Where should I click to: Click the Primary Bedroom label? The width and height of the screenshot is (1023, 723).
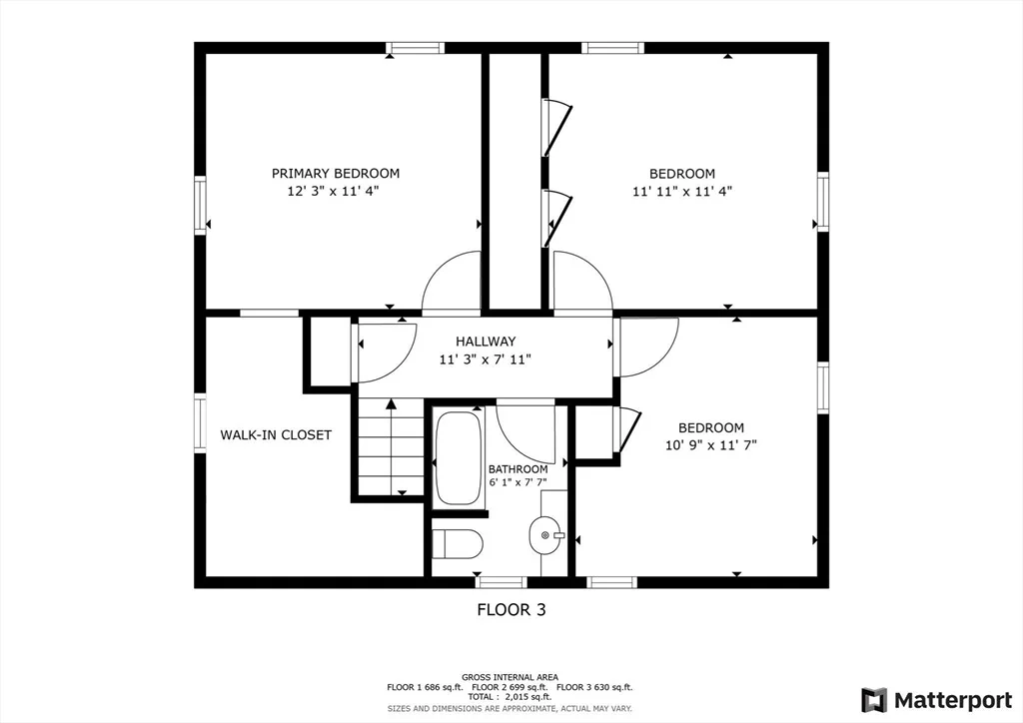tap(336, 174)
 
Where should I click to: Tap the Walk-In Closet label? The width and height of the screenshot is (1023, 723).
tap(276, 434)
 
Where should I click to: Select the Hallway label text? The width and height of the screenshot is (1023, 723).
tap(486, 341)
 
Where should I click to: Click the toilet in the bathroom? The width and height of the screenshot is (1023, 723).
tap(457, 543)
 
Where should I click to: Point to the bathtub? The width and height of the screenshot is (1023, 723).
tap(459, 458)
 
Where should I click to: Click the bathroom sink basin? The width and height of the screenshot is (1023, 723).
tap(544, 536)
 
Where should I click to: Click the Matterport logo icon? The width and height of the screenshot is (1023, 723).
tap(874, 700)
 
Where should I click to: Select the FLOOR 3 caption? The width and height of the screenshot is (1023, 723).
tap(511, 609)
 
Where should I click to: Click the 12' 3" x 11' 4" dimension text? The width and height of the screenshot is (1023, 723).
tap(333, 191)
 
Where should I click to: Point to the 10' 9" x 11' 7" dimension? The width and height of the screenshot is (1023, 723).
tap(711, 445)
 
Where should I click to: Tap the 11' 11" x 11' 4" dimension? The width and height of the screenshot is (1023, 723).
tap(681, 191)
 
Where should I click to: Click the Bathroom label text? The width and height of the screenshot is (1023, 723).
tap(518, 469)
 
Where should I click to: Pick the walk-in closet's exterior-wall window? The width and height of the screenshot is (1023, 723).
tap(200, 423)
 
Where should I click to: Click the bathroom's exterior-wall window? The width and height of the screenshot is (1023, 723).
tap(502, 582)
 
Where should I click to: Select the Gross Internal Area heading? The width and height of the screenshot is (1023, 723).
tap(510, 677)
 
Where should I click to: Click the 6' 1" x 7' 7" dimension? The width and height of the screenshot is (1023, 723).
tap(518, 483)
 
